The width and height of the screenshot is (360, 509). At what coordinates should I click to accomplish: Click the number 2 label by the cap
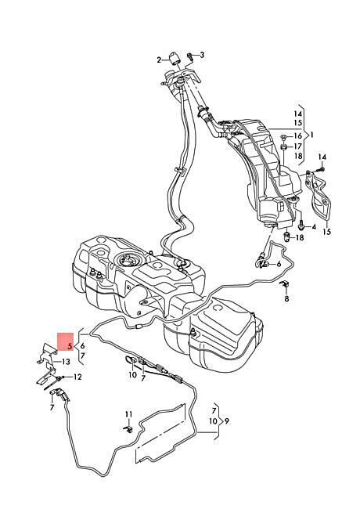159,60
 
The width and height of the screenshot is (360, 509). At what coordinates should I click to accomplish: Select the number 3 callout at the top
202,55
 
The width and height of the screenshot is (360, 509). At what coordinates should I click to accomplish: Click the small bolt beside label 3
190,57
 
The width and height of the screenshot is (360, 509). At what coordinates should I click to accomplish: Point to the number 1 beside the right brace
312,135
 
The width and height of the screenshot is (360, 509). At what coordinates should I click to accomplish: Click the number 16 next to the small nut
297,135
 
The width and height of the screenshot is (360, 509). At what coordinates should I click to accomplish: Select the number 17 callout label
297,146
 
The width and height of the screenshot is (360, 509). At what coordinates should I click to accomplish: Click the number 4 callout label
314,226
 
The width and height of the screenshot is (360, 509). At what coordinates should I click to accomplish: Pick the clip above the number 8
285,285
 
